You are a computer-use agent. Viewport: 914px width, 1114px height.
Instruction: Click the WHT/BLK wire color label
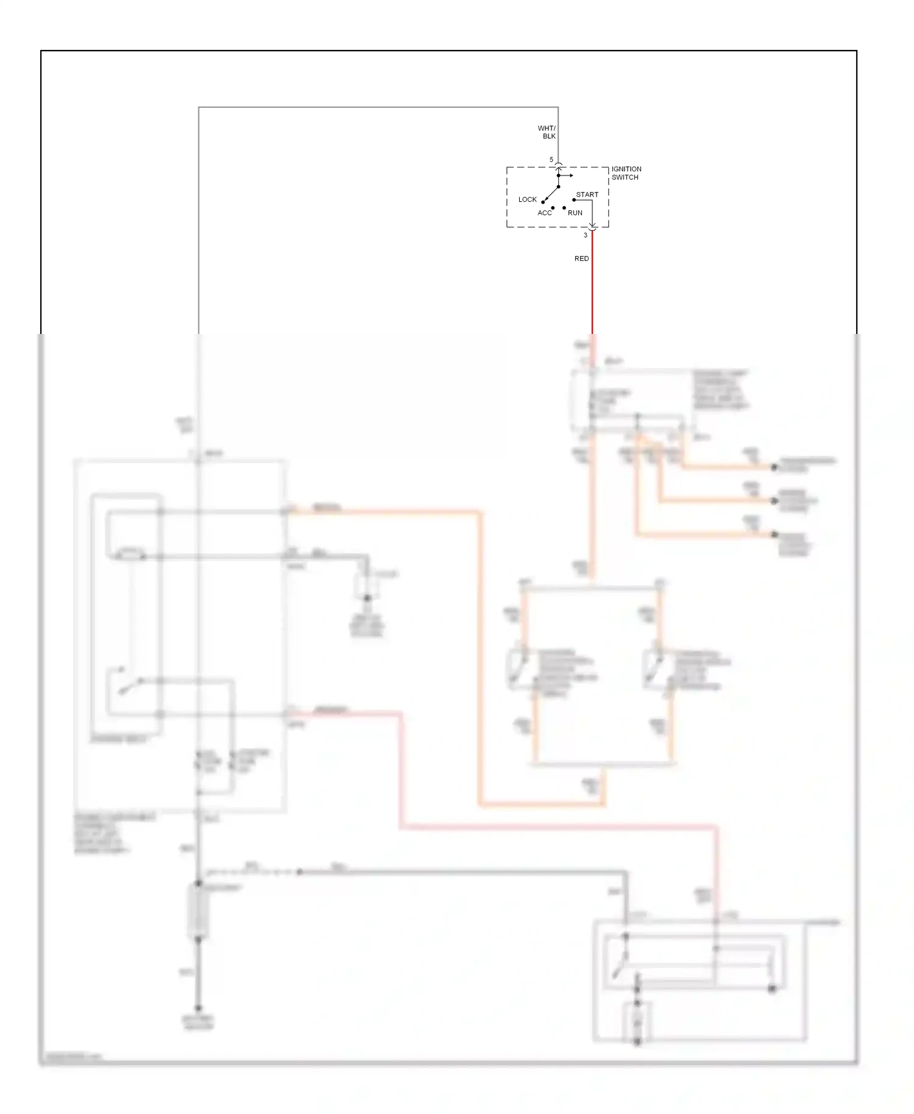point(547,132)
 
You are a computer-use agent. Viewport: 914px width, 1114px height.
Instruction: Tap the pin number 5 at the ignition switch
point(551,160)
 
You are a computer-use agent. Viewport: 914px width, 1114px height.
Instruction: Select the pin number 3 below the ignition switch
point(586,235)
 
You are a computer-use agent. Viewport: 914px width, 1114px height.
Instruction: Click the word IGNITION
point(626,169)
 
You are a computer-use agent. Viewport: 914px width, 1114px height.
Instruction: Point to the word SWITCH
point(625,177)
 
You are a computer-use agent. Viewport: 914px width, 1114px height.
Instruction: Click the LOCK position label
point(527,199)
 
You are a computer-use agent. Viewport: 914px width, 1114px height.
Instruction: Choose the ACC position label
point(544,213)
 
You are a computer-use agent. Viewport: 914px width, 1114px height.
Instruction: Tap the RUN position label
point(575,213)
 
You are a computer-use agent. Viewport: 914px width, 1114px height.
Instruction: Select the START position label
point(587,194)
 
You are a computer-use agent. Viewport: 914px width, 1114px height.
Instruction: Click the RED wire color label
point(581,258)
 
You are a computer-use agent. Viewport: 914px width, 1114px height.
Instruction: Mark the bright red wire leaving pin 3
point(592,286)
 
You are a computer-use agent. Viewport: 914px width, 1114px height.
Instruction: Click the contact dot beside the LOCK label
point(543,202)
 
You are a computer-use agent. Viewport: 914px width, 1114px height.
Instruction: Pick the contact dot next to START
point(574,200)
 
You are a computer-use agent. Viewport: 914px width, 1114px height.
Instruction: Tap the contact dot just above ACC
point(553,208)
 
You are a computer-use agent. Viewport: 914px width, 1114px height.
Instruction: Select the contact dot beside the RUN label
point(564,208)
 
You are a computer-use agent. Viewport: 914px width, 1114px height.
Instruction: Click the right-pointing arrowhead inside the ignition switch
point(570,176)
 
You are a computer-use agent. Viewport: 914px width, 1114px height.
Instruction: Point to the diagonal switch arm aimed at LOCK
point(551,194)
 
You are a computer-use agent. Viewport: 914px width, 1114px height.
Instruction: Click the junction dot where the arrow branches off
point(558,176)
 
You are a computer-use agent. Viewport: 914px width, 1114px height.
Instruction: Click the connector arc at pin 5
point(558,165)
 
